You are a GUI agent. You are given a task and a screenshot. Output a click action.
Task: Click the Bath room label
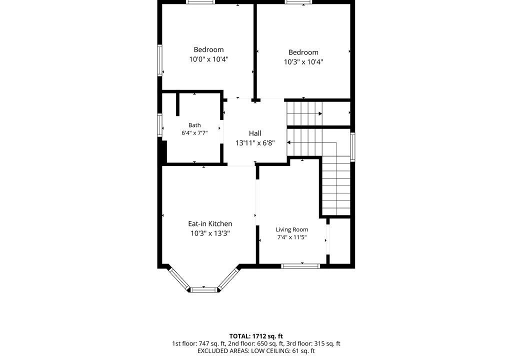click(194, 125)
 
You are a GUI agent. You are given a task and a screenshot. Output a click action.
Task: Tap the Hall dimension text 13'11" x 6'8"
click(255, 143)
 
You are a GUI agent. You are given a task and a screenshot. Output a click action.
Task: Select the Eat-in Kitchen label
click(210, 224)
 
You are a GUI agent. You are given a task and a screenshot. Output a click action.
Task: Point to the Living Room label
click(292, 229)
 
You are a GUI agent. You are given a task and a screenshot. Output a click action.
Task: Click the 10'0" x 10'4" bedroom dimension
click(208, 59)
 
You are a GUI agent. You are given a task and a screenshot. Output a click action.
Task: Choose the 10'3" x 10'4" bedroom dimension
click(303, 61)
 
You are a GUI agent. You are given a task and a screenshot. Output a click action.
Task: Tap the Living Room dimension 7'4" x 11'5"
click(292, 237)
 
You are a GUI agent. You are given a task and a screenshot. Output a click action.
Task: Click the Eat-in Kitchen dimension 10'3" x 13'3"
click(210, 233)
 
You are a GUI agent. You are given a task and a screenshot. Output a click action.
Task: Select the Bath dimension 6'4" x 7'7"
click(194, 133)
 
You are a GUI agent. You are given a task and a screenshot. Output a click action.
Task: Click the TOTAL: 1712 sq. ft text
click(256, 336)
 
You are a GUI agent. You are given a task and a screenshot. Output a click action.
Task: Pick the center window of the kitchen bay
click(204, 290)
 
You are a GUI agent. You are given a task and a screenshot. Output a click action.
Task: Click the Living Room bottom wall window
click(300, 266)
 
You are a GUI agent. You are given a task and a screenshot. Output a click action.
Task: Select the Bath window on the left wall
click(160, 125)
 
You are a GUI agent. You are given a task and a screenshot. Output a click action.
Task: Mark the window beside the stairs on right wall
click(352, 147)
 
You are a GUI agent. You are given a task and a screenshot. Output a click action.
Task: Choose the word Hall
click(255, 133)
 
